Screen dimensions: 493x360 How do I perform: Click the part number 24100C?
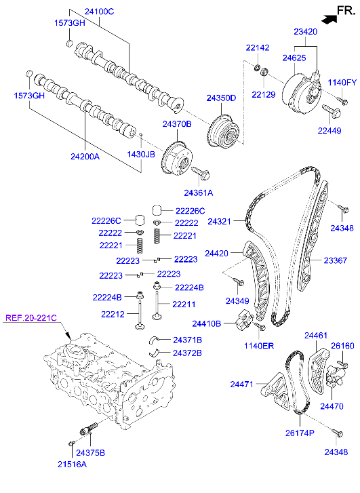tap(99, 12)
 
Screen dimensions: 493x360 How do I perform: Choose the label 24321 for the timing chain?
tap(221, 222)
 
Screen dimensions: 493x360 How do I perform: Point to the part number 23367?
tap(335, 260)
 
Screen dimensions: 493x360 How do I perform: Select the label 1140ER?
tap(260, 345)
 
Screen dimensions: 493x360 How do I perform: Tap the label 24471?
tap(242, 384)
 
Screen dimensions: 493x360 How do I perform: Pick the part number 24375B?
tap(90, 452)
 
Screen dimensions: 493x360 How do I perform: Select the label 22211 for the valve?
tap(183, 304)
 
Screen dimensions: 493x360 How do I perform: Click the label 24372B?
tap(187, 353)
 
